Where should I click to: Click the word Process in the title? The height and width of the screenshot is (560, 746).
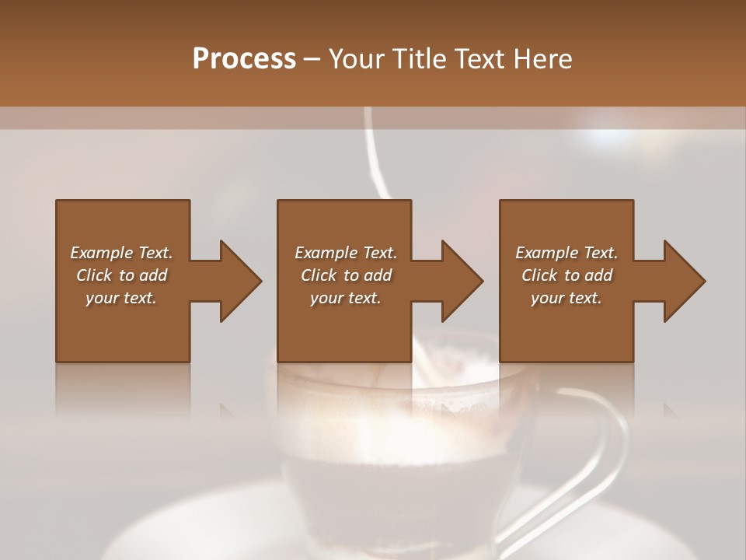tap(244, 59)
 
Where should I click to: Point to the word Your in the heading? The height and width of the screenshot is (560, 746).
tap(357, 59)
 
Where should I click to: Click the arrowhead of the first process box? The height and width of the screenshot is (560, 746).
tap(239, 281)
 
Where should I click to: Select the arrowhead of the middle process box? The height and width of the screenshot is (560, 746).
tap(461, 281)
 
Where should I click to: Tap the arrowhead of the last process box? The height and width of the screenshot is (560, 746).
tap(683, 281)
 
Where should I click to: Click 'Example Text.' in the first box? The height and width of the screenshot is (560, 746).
tap(121, 253)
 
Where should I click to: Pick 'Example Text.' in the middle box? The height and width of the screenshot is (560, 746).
tap(346, 253)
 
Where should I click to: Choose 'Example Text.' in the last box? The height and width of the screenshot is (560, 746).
tap(566, 253)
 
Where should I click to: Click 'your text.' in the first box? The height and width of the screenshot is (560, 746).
tap(121, 298)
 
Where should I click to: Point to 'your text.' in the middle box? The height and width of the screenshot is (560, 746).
tap(346, 298)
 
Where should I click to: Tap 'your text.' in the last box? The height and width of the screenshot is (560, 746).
tap(566, 298)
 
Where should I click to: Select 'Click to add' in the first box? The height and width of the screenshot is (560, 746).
tap(121, 275)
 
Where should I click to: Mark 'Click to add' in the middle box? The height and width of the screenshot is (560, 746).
tap(346, 275)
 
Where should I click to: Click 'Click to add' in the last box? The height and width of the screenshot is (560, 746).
tap(566, 275)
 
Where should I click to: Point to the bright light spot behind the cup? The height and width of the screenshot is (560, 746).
tap(602, 137)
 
